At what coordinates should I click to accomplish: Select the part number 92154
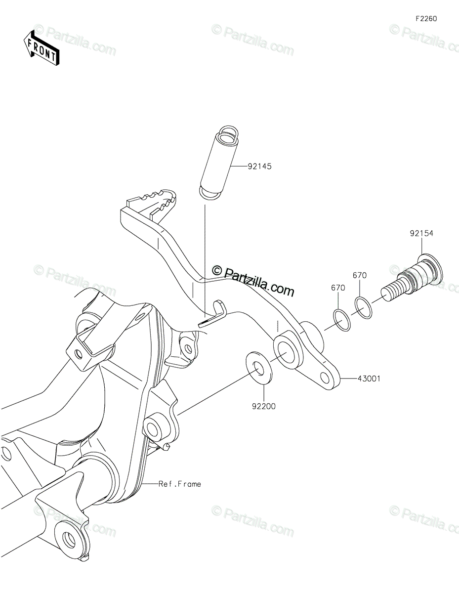420,234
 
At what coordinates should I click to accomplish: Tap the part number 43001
370,379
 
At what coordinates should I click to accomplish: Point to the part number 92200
263,407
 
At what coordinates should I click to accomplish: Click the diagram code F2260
426,19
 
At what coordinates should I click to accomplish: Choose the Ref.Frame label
180,484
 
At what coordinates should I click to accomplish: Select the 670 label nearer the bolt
359,276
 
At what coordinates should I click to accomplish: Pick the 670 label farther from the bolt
338,288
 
